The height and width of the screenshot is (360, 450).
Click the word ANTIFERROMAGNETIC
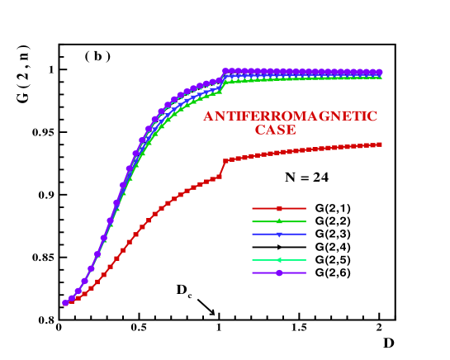pyautogui.click(x=291, y=116)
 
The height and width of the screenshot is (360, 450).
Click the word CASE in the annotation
pyautogui.click(x=275, y=130)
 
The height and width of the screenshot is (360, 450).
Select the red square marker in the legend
pyautogui.click(x=279, y=209)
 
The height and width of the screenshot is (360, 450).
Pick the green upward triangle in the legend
pyautogui.click(x=279, y=221)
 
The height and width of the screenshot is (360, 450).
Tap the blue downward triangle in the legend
pyautogui.click(x=279, y=234)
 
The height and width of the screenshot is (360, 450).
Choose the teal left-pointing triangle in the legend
pyautogui.click(x=279, y=261)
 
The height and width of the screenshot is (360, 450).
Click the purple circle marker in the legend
pyautogui.click(x=279, y=272)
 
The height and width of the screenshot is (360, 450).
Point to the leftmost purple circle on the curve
pyautogui.click(x=65, y=303)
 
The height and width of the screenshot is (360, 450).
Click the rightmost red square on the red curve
pyautogui.click(x=380, y=144)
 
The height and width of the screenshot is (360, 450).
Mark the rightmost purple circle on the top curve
pyautogui.click(x=380, y=72)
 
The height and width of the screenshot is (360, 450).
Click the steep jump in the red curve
pyautogui.click(x=223, y=167)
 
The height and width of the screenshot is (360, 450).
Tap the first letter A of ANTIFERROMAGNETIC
pyautogui.click(x=209, y=116)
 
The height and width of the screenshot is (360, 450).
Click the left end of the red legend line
pyautogui.click(x=253, y=209)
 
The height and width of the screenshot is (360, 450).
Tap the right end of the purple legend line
pyautogui.click(x=306, y=272)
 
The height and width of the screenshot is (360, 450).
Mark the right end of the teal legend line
pyautogui.click(x=306, y=261)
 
